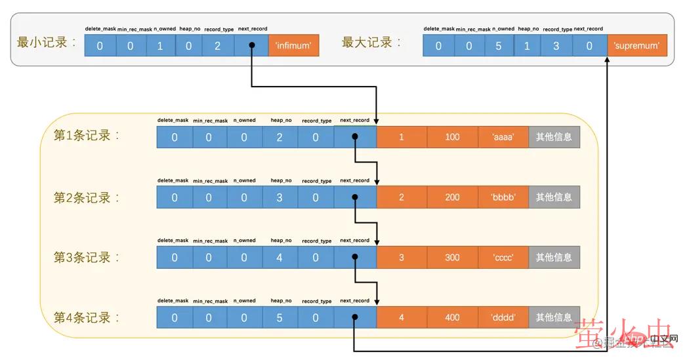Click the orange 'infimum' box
pyautogui.click(x=293, y=46)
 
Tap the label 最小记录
pyautogui.click(x=43, y=43)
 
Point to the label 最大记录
pyautogui.click(x=368, y=43)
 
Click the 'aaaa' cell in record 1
pyautogui.click(x=503, y=137)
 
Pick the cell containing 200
pyautogui.click(x=452, y=197)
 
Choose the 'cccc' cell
pyautogui.click(x=503, y=258)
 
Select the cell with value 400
pyautogui.click(x=452, y=318)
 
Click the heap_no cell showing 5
pyautogui.click(x=280, y=318)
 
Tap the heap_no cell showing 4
pyautogui.click(x=280, y=258)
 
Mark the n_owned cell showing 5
pyautogui.click(x=499, y=46)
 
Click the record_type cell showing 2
pyautogui.click(x=217, y=46)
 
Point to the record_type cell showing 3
pyautogui.click(x=556, y=46)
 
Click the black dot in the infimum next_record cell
pyautogui.click(x=251, y=46)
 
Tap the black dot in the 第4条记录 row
pyautogui.click(x=354, y=318)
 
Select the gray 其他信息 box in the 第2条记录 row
pyautogui.click(x=554, y=197)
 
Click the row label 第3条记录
pyautogui.click(x=83, y=258)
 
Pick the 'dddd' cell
pyautogui.click(x=503, y=318)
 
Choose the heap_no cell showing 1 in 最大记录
pyautogui.click(x=527, y=46)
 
